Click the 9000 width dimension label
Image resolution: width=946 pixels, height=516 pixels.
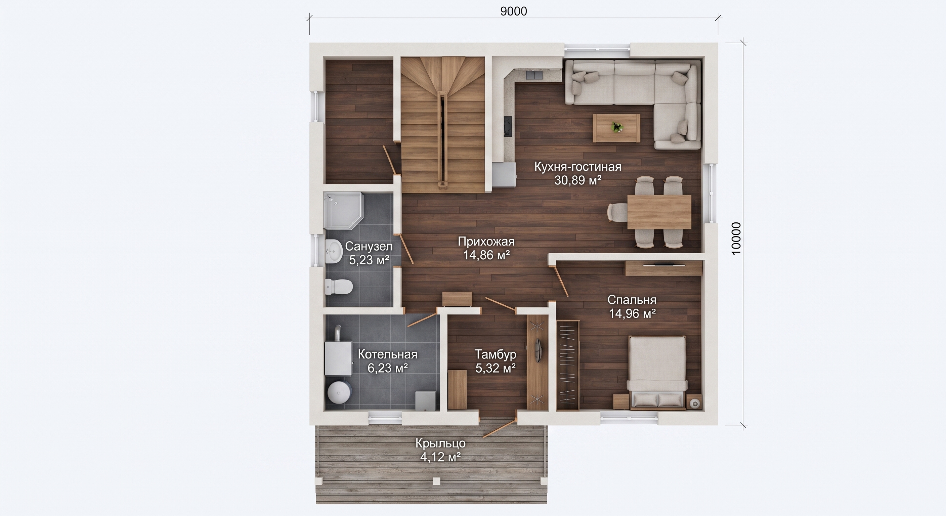tap(513, 11)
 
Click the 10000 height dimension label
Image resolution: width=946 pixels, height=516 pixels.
tap(736, 239)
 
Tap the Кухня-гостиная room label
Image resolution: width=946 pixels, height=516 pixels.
tap(578, 167)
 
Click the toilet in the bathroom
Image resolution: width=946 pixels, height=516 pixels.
tap(82, 286)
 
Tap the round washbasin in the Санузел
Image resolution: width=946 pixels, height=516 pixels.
tap(77, 251)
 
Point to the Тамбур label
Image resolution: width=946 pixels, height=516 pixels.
tap(496, 354)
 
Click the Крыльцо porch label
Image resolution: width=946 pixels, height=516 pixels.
tap(440, 443)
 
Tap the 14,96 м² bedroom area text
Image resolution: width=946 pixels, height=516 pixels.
tap(632, 314)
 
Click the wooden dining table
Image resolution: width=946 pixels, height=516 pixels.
tap(659, 212)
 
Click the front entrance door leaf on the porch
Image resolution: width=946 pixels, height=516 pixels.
tap(498, 428)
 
